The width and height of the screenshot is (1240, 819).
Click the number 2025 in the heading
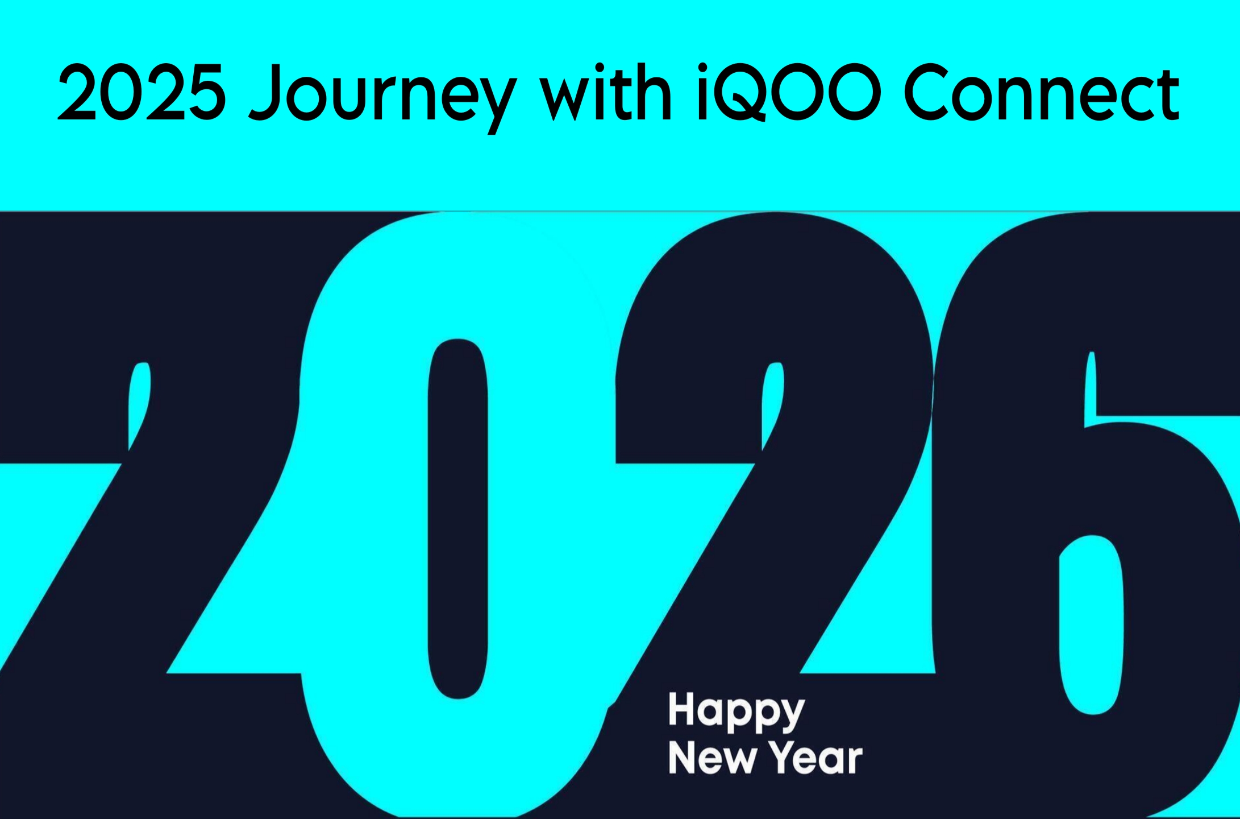point(142,93)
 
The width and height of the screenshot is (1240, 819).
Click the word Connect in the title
point(1042,93)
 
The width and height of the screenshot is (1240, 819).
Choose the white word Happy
point(736,712)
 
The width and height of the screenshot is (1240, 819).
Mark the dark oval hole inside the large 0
point(458,519)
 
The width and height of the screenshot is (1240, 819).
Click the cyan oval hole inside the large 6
point(1091,624)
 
